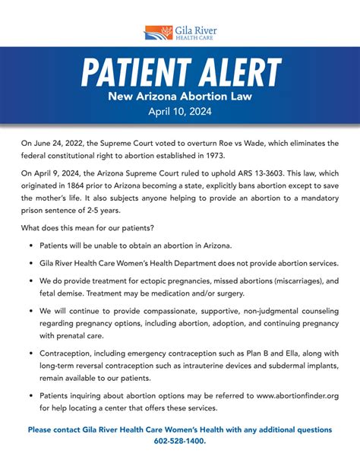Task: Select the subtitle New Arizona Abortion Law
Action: point(180,97)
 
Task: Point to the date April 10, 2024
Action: point(180,110)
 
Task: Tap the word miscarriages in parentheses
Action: point(290,281)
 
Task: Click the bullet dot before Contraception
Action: point(30,353)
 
